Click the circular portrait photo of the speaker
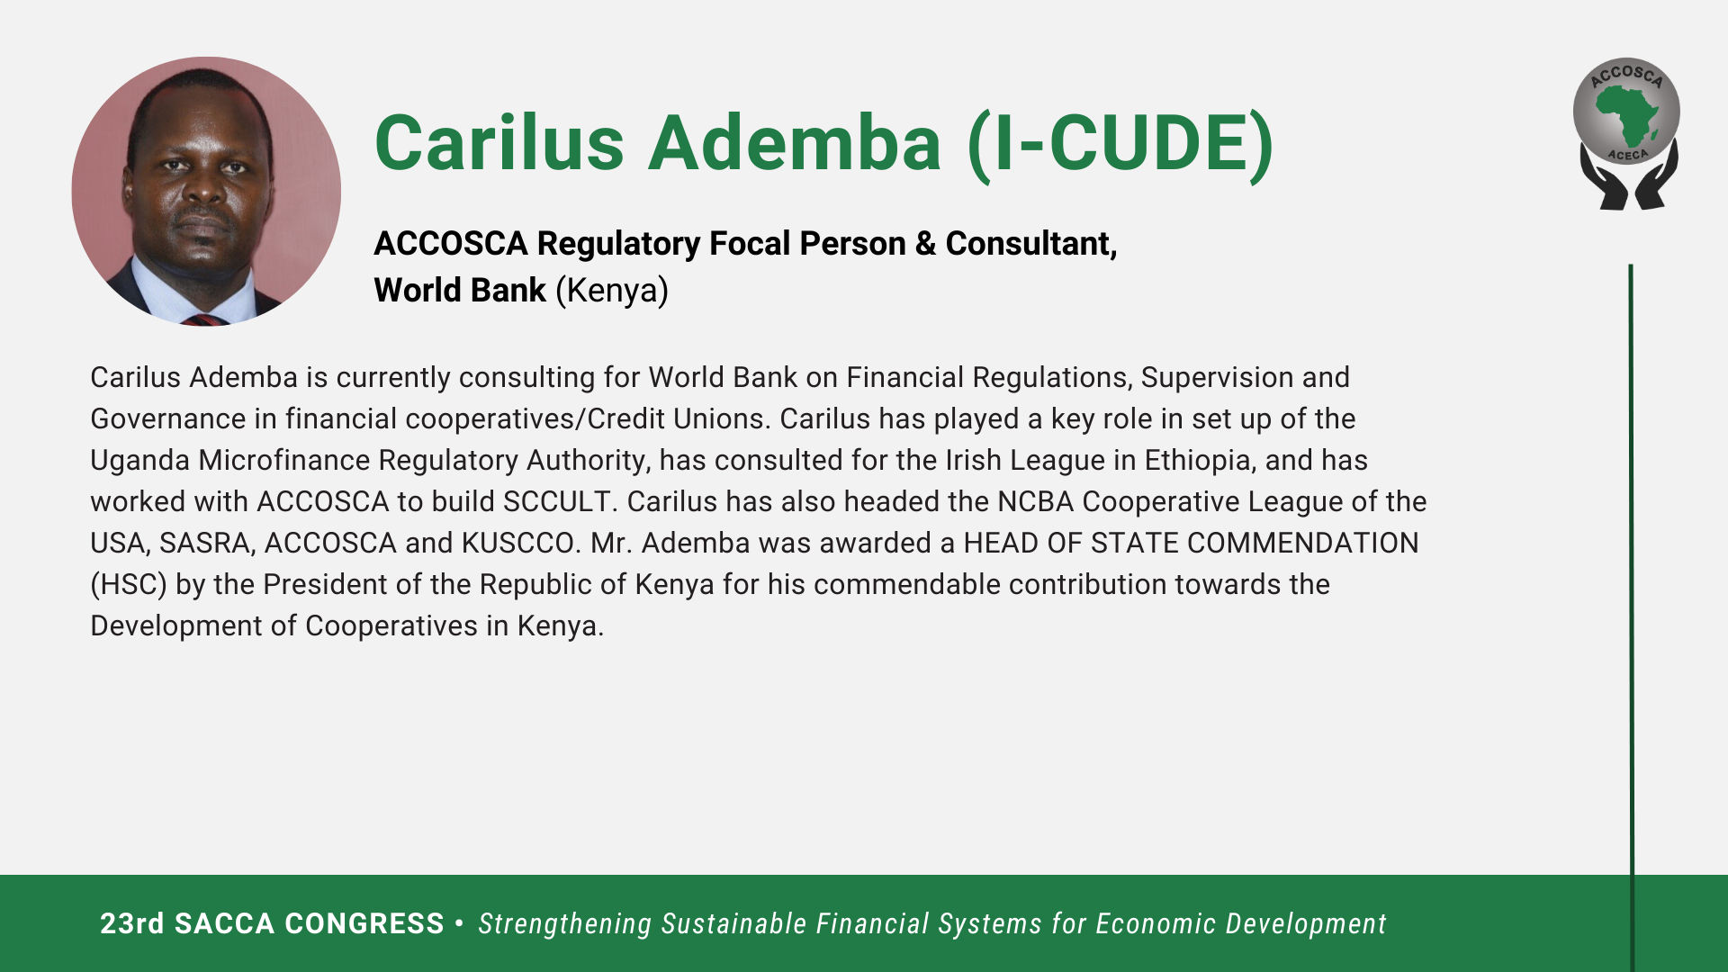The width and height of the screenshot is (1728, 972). pos(206,191)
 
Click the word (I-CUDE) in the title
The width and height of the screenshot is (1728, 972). pos(1120,144)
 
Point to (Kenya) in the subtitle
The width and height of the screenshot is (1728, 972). pos(612,291)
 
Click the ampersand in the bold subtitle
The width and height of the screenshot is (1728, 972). pos(925,244)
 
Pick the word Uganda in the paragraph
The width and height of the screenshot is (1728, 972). pos(139,461)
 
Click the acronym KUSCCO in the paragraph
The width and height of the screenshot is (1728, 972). pos(519,544)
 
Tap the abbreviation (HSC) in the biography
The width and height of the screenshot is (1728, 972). pos(129,585)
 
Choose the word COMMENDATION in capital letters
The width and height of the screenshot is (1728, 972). pos(1302,544)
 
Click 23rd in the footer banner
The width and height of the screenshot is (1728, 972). pos(132,924)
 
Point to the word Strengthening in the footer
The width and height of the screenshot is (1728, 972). pos(565,924)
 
